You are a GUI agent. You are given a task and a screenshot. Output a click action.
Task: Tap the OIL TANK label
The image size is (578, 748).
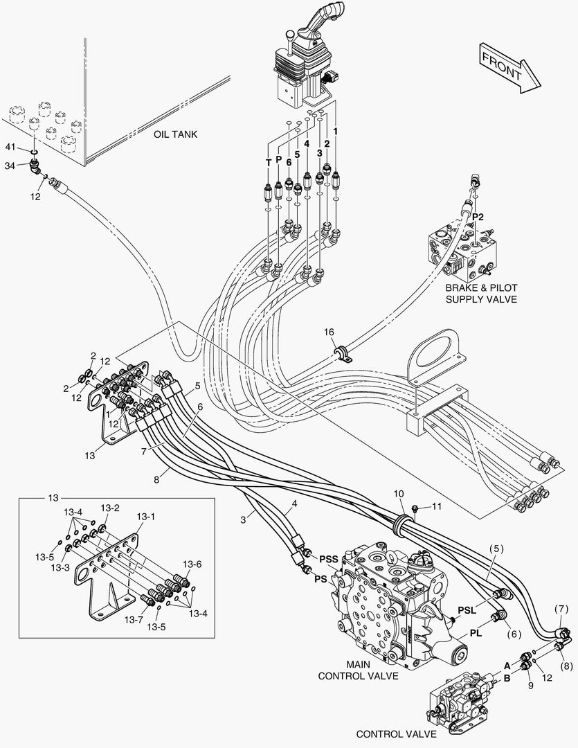[176, 134]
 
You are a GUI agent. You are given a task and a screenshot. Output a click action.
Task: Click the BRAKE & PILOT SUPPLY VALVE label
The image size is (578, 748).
[481, 293]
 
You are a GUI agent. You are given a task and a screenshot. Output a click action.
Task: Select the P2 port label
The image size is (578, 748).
[478, 217]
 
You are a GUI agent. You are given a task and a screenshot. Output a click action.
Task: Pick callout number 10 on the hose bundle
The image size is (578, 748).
[399, 494]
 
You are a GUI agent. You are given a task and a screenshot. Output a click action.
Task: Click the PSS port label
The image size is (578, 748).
[329, 558]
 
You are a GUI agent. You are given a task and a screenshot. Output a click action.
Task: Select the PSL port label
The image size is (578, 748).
[467, 610]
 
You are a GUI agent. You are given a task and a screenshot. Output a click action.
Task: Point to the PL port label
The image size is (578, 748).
[476, 632]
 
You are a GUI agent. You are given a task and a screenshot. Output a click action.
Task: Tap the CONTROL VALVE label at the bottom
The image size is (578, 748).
[396, 733]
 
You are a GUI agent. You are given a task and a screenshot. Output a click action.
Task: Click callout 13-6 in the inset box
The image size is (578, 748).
[192, 564]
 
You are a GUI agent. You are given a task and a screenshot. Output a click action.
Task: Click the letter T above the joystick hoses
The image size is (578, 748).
[268, 161]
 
